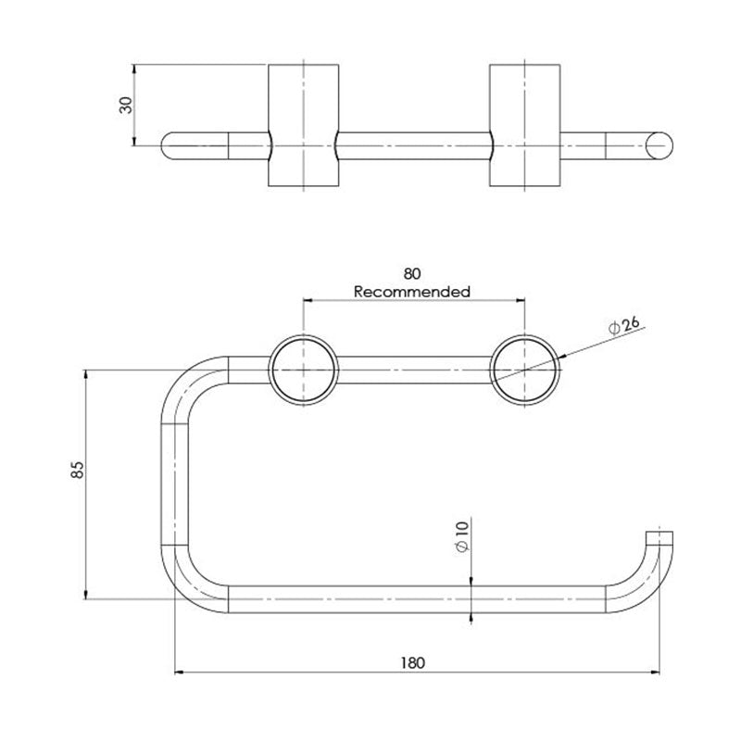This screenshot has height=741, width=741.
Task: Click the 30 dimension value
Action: [x=126, y=105]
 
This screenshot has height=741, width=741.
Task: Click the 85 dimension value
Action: [x=77, y=470]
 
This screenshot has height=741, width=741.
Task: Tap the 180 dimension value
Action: [x=413, y=663]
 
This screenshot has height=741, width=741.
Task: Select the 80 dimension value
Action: [x=412, y=273]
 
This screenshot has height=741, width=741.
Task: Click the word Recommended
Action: [x=412, y=292]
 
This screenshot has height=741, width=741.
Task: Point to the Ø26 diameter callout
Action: [x=623, y=325]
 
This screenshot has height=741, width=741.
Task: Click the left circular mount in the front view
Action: [x=304, y=370]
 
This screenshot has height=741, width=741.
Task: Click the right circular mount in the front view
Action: [x=525, y=370]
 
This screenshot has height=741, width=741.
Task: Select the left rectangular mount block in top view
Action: [x=304, y=125]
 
